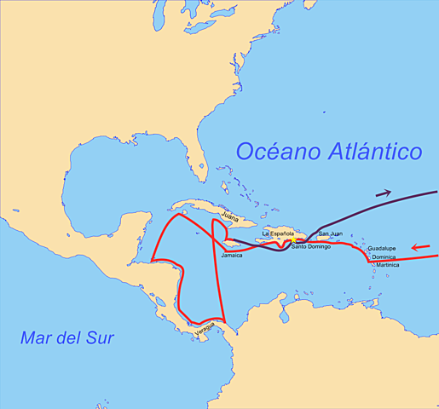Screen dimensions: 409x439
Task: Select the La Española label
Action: (x=278, y=233)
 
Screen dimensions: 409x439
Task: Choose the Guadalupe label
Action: (x=381, y=249)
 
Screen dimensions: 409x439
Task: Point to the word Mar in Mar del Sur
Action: (x=38, y=339)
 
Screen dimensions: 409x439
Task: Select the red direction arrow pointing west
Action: (x=419, y=248)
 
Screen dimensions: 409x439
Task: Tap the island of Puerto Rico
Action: (x=328, y=241)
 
